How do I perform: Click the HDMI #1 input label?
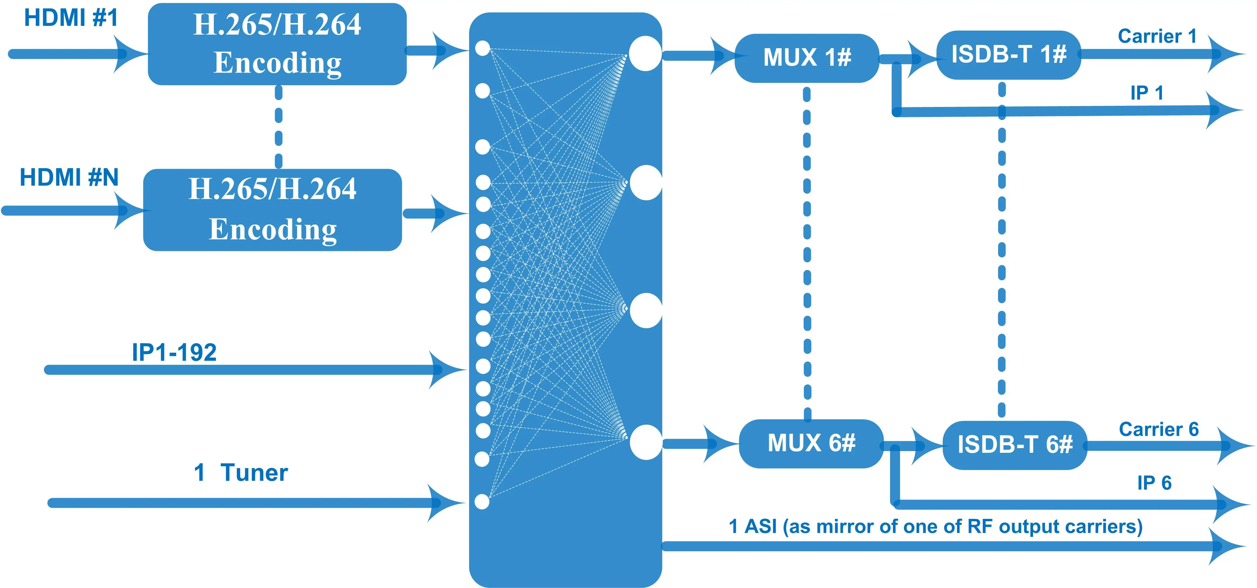click(71, 18)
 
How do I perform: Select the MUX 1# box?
click(807, 58)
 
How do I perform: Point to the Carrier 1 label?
click(1157, 36)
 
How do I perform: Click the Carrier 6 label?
click(1158, 429)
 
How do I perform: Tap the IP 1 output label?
click(1147, 93)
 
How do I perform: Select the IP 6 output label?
click(1154, 483)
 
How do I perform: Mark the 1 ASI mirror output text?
click(936, 527)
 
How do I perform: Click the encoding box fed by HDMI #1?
click(277, 44)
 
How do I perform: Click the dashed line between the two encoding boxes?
click(279, 127)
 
